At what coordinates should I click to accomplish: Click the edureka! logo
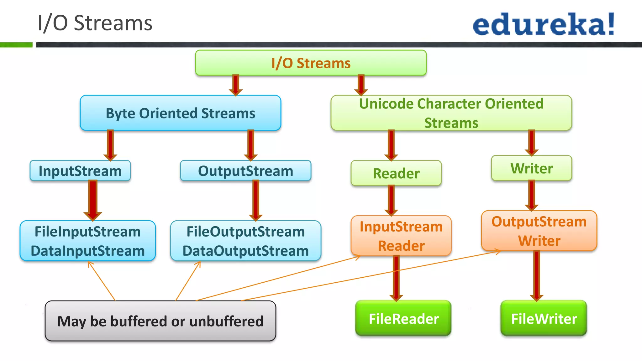[x=544, y=24]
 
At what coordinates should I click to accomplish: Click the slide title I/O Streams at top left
[x=95, y=23]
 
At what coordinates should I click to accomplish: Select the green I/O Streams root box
[x=311, y=63]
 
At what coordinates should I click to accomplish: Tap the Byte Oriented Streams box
[x=180, y=113]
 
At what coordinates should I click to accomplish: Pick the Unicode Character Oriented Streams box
[x=451, y=113]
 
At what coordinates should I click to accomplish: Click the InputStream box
[x=80, y=171]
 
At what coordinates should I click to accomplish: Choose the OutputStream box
[x=245, y=171]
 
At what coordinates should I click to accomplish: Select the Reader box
[x=396, y=173]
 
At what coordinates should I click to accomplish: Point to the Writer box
[x=531, y=168]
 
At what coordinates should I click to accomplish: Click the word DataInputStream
[x=88, y=251]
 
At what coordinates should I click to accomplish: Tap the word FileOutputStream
[x=245, y=232]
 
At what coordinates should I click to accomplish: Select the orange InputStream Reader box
[x=401, y=236]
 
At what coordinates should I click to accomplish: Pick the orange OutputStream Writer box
[x=539, y=231]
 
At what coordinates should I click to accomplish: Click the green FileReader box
[x=403, y=318]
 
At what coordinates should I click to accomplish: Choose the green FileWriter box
[x=544, y=318]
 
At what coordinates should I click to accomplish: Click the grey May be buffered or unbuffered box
[x=160, y=321]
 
